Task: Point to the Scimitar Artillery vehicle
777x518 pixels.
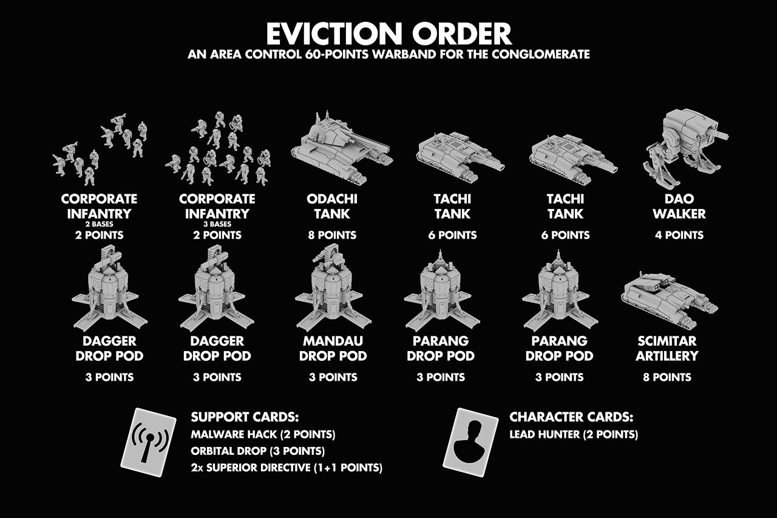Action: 668,298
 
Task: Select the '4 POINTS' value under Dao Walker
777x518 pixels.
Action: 679,235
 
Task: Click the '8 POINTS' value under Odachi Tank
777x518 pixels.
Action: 332,235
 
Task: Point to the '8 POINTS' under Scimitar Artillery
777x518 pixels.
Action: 667,377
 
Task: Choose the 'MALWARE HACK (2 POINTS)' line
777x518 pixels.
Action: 263,435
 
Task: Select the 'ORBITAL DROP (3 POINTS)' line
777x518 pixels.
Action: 257,452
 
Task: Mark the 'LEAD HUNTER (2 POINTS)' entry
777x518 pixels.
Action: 574,435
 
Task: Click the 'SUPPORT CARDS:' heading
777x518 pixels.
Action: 245,417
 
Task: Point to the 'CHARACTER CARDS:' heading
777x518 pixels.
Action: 571,417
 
